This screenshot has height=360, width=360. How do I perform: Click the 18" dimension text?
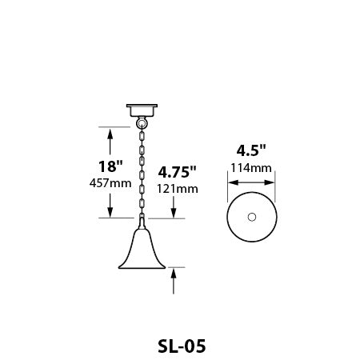tap(110, 167)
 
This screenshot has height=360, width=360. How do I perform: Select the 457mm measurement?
tap(110, 183)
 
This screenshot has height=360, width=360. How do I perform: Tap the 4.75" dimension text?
tap(177, 172)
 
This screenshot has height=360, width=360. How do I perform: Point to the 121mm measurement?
tap(177, 188)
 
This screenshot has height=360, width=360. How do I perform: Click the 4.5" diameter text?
tap(251, 150)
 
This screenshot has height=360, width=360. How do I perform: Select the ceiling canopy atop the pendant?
tap(142, 110)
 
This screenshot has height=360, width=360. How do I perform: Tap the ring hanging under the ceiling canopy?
tap(142, 122)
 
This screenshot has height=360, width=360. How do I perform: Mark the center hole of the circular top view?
tap(251, 218)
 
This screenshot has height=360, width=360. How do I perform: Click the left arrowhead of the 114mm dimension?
tap(231, 182)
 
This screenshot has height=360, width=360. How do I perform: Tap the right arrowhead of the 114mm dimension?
tap(271, 182)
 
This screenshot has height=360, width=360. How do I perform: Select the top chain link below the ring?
tap(142, 136)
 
